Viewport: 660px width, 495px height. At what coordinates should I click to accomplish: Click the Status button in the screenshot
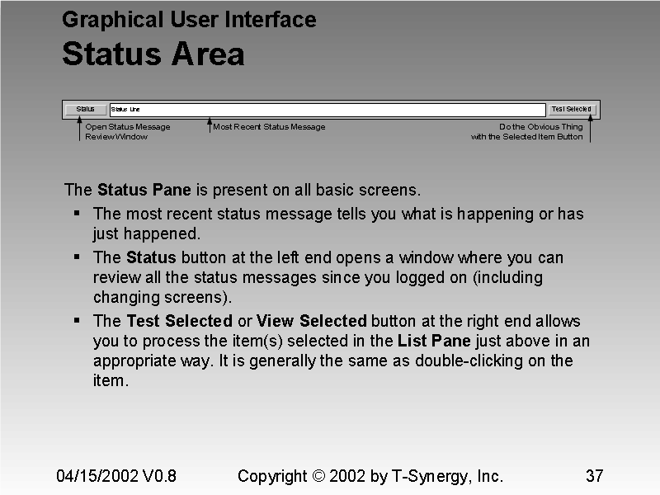point(86,109)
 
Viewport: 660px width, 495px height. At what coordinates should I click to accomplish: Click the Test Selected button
point(571,109)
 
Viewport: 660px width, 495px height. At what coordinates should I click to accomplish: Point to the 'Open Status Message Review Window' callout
point(127,132)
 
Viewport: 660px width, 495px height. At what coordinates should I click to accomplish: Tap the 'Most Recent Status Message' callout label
point(269,127)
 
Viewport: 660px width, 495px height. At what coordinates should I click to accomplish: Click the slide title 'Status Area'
point(153,54)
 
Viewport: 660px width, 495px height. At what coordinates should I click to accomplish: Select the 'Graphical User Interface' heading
point(189,20)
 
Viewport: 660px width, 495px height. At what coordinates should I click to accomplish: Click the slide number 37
point(594,476)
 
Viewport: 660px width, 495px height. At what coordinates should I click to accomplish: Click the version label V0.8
point(159,476)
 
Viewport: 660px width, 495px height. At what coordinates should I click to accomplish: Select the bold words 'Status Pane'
point(144,190)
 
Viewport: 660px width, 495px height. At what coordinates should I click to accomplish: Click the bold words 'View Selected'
point(312,321)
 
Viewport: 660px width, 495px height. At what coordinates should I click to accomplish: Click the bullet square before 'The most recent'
point(77,213)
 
